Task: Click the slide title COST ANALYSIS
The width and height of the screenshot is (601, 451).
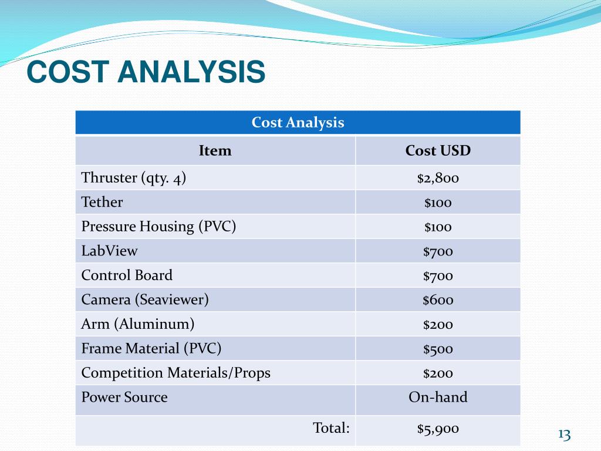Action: pos(146,72)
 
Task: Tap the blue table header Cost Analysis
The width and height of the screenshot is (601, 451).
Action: pos(298,123)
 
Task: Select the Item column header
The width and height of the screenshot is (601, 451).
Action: pos(215,151)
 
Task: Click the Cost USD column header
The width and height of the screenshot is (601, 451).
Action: pos(438,151)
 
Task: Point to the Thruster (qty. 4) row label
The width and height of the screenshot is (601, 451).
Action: pos(134,178)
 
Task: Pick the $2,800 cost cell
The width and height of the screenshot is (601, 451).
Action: pos(438,179)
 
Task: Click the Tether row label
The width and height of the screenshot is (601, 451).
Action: pos(102,203)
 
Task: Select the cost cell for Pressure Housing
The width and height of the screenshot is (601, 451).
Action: pos(438,227)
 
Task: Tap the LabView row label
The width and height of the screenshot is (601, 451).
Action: pos(110,251)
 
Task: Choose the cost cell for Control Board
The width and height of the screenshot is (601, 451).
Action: pos(438,276)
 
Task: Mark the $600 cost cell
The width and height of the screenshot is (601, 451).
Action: pos(438,301)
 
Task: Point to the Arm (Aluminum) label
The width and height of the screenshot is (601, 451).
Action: pos(138,324)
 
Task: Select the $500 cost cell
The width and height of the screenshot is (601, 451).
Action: pos(438,349)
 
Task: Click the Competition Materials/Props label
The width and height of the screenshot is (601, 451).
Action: pos(176,373)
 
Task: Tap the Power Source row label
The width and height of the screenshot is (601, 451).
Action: pos(124,398)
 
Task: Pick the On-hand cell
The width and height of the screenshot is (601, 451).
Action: pos(438,398)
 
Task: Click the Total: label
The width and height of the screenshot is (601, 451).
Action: pos(332,428)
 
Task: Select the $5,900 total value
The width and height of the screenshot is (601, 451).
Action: pos(438,429)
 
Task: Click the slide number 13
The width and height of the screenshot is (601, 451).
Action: pos(564,435)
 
